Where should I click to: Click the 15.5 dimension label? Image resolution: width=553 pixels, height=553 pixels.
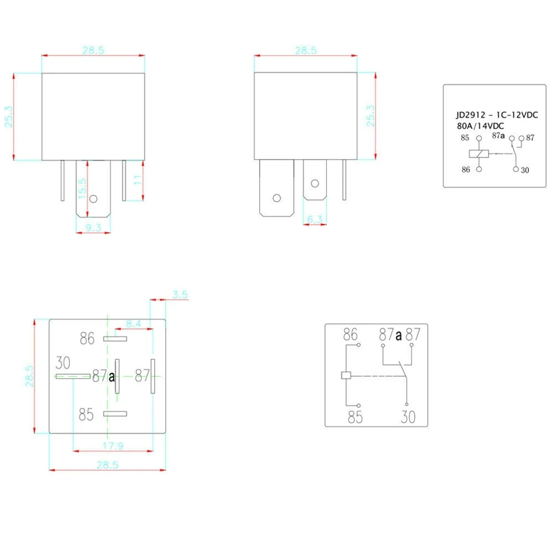(82, 188)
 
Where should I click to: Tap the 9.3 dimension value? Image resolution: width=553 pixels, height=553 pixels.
(93, 227)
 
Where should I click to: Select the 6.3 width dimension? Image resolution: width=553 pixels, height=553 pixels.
(315, 219)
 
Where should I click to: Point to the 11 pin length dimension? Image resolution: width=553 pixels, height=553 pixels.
(138, 180)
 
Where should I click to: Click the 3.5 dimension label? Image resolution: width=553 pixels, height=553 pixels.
(180, 294)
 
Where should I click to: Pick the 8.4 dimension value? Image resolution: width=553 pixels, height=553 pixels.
(133, 324)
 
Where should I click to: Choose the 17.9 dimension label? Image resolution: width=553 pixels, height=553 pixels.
(113, 446)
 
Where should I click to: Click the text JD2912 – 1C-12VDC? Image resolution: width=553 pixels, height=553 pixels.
(497, 115)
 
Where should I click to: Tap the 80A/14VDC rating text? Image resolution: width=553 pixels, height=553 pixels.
(480, 126)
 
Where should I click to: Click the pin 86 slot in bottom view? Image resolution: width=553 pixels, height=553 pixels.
(115, 339)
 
